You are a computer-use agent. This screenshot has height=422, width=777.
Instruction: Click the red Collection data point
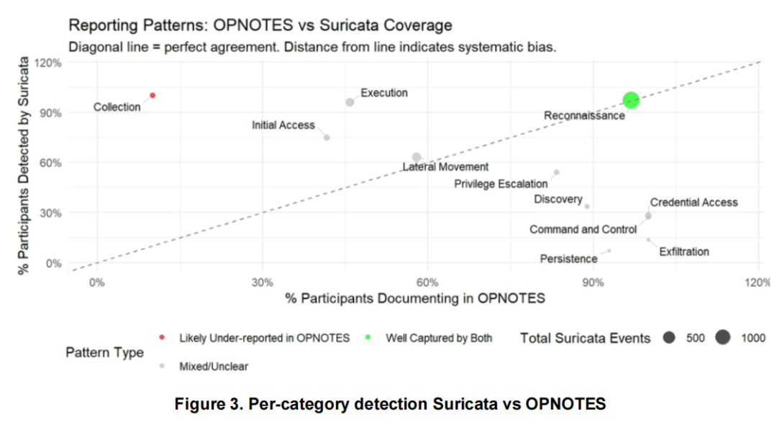click(x=153, y=95)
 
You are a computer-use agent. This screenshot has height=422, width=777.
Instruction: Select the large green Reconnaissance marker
click(x=631, y=100)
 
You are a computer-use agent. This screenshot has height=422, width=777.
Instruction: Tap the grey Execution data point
click(x=350, y=102)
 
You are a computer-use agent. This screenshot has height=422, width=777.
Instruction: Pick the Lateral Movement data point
click(x=417, y=157)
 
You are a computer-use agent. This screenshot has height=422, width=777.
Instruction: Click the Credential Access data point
click(x=648, y=215)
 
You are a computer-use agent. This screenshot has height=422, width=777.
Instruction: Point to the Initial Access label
click(x=283, y=125)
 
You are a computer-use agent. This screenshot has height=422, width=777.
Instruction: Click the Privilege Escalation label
click(x=501, y=184)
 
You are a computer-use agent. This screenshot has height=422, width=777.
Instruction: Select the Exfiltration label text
click(x=683, y=252)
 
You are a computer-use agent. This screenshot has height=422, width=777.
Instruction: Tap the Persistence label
click(x=568, y=259)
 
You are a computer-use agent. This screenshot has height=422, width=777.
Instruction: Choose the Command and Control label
click(x=583, y=230)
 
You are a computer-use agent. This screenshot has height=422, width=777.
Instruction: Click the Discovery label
click(x=558, y=199)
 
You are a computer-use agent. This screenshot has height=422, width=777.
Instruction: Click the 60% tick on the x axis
click(x=427, y=282)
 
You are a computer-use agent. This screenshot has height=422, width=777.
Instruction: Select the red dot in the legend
click(x=162, y=338)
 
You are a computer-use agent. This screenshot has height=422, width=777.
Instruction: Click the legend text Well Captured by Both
click(x=439, y=338)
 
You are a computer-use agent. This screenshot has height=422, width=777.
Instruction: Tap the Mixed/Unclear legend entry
click(x=213, y=367)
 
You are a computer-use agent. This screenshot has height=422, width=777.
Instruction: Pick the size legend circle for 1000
click(x=722, y=338)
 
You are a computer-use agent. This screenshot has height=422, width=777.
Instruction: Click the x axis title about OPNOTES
click(x=415, y=298)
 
